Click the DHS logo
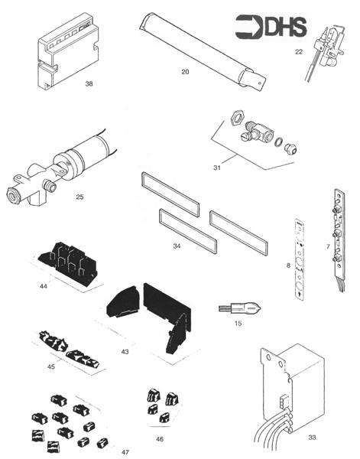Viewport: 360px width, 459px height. (271, 27)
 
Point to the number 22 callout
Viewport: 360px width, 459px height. (298, 51)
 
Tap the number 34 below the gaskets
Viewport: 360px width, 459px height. (177, 246)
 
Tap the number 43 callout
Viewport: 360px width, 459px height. (125, 351)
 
